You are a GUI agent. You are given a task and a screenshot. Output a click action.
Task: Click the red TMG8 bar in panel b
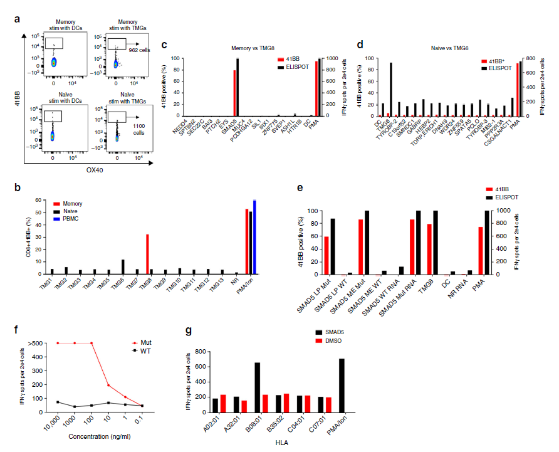[x=146, y=255]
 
